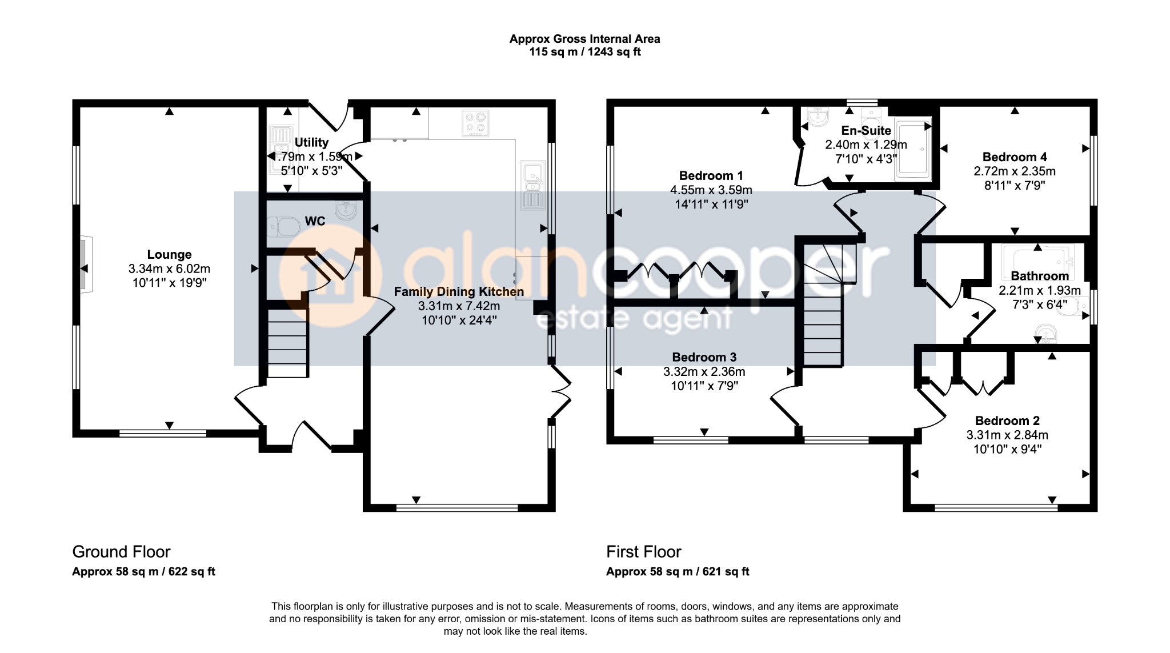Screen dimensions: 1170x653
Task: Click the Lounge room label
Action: click(x=169, y=255)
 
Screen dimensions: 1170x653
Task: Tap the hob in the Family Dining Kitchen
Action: click(x=475, y=123)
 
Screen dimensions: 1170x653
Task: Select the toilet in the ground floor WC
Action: click(x=284, y=227)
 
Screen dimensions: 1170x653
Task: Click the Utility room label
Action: click(x=311, y=142)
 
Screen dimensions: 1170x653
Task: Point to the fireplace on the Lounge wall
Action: click(x=85, y=265)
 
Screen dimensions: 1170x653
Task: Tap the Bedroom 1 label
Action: click(x=711, y=176)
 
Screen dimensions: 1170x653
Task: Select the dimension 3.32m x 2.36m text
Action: click(x=704, y=372)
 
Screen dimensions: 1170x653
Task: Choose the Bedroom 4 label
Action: click(x=1015, y=157)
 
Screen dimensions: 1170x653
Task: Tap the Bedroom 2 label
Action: click(x=1007, y=421)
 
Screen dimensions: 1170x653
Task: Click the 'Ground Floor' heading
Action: click(x=121, y=552)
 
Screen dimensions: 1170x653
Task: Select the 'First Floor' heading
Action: click(x=644, y=552)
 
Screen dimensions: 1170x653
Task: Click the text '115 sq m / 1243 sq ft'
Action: click(x=585, y=52)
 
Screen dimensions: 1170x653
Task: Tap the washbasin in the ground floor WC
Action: click(x=346, y=211)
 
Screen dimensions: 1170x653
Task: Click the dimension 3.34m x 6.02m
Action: click(x=169, y=269)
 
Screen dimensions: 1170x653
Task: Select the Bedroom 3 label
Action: click(x=704, y=358)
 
